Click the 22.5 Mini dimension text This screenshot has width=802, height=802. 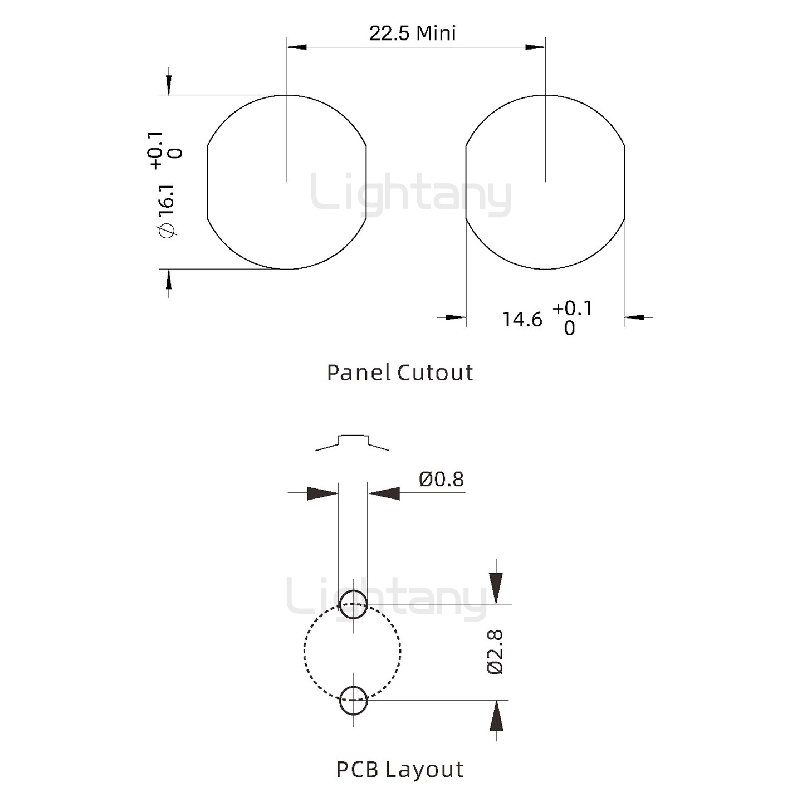[412, 33]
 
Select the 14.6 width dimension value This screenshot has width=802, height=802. [522, 320]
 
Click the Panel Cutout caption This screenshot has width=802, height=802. [399, 373]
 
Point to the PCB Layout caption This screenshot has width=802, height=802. [399, 769]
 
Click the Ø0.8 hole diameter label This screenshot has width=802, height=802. [441, 479]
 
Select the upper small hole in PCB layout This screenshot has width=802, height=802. [353, 604]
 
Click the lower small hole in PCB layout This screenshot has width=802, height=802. [353, 700]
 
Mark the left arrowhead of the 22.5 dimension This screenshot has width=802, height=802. [297, 47]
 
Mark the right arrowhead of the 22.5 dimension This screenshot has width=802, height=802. [535, 47]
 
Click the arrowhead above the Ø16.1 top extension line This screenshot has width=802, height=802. [169, 85]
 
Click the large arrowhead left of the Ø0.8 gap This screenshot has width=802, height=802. [322, 493]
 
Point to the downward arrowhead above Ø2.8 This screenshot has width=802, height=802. [496, 588]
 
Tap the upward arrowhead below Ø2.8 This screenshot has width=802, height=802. [496, 716]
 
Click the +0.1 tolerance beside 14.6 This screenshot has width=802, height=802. [573, 308]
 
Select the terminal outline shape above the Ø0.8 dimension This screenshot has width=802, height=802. [353, 442]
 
